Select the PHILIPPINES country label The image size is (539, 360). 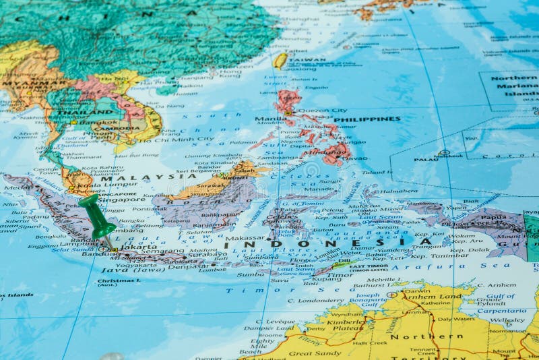tap(367, 119)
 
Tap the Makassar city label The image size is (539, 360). tap(245, 238)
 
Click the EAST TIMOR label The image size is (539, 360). tap(369, 267)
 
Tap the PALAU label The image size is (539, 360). tap(426, 159)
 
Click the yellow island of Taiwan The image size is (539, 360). tap(280, 61)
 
